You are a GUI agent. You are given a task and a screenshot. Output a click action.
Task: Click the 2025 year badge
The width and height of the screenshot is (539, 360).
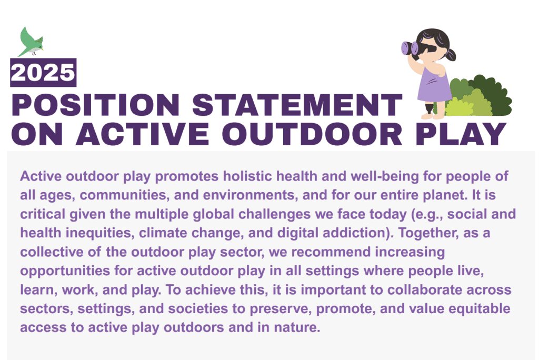click(x=43, y=73)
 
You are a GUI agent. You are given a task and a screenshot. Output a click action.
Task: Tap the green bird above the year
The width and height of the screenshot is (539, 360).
click(x=30, y=42)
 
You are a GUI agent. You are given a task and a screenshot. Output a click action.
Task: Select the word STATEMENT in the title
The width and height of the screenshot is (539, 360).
click(x=297, y=105)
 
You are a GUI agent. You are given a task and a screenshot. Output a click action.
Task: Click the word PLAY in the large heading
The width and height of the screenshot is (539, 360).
click(x=461, y=134)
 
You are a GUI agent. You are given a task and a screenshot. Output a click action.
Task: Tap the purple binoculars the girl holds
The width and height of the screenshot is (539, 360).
click(x=411, y=48)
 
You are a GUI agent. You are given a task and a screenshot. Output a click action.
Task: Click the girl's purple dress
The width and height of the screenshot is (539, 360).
click(x=434, y=84)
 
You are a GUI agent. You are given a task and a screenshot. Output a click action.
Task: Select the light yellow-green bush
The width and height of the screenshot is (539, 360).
click(x=459, y=107)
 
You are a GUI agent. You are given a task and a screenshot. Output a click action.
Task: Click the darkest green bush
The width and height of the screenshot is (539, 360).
click(x=492, y=95)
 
